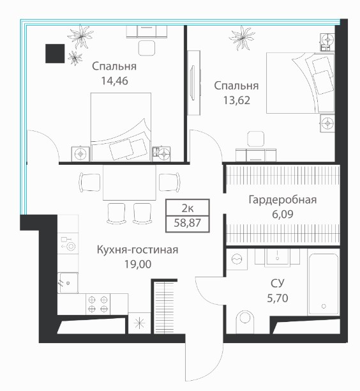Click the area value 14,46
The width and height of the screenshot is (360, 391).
(115, 80)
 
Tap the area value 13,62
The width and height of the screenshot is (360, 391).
(236, 100)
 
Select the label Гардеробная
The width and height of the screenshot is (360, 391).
(283, 200)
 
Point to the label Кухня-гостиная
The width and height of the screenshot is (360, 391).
(137, 250)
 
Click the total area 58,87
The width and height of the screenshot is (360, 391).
(188, 223)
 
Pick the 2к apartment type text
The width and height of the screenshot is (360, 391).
(188, 208)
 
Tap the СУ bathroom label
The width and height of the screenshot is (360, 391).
(277, 283)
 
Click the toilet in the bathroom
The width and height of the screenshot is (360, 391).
(244, 321)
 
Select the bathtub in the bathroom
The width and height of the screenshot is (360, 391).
(324, 284)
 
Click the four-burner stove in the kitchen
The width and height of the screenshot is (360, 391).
(98, 304)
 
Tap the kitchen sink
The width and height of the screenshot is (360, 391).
(68, 282)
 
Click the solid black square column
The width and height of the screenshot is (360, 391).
(55, 54)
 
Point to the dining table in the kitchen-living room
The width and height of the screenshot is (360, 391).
(130, 182)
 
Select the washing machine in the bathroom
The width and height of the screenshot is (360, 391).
(237, 259)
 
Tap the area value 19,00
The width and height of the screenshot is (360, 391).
(138, 264)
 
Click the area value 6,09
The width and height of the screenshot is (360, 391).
(283, 214)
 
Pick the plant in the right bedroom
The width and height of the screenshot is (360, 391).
(242, 38)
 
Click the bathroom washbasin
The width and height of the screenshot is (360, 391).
(277, 257)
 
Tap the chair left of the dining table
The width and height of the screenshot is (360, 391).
(90, 182)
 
